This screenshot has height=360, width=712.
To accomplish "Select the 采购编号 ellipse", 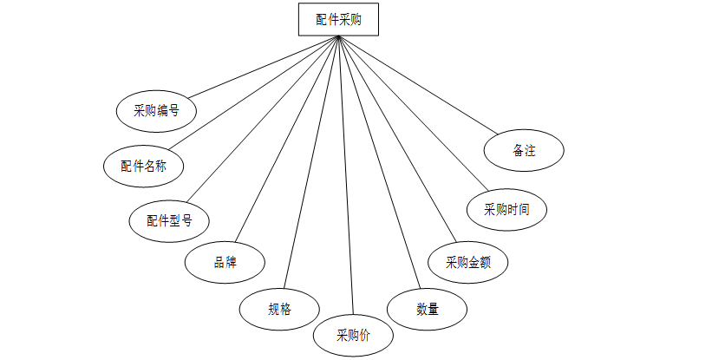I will (x=156, y=110).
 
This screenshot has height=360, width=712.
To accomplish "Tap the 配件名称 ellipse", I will (x=144, y=166).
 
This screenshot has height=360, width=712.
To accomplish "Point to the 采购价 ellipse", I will (x=353, y=336).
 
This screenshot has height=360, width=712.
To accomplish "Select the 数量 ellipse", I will (x=427, y=308).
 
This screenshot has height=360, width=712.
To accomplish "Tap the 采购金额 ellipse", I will (x=468, y=262).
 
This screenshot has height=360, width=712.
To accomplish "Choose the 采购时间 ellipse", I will (x=506, y=209).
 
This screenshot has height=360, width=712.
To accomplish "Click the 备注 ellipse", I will (x=525, y=151).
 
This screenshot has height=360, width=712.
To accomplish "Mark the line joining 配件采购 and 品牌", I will (x=287, y=139).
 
